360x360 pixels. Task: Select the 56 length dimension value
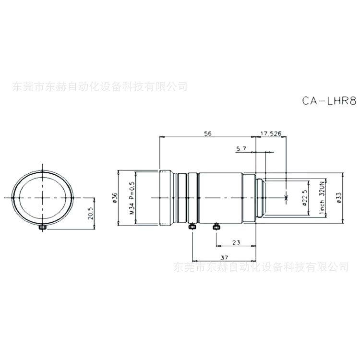click(x=207, y=134)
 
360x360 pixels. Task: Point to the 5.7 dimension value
click(x=241, y=149)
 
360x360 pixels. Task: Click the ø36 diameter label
click(x=115, y=197)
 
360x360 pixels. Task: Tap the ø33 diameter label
click(x=339, y=197)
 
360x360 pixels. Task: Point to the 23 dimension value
click(x=236, y=242)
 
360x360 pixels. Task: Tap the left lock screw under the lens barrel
click(x=192, y=226)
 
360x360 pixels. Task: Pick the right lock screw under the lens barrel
click(x=216, y=225)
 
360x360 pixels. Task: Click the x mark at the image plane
click(x=286, y=197)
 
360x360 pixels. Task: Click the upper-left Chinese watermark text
click(x=99, y=87)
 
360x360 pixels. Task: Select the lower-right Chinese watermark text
click(x=260, y=266)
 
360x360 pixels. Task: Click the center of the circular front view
click(x=43, y=197)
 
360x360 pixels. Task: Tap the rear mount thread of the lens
click(x=260, y=197)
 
